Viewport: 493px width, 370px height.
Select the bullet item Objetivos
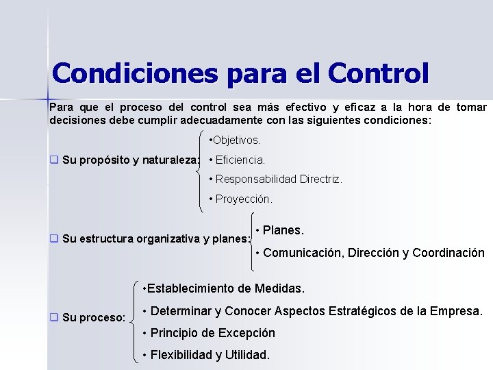click(235, 140)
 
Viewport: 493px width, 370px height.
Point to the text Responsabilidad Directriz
click(279, 180)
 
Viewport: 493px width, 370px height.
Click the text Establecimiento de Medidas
click(224, 288)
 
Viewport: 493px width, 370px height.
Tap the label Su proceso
click(93, 318)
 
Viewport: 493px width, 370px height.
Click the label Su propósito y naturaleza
click(130, 160)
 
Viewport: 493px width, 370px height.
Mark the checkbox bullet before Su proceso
click(53, 317)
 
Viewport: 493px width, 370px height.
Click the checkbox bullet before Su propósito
click(53, 160)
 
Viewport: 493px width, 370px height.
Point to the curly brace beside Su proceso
click(133, 319)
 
